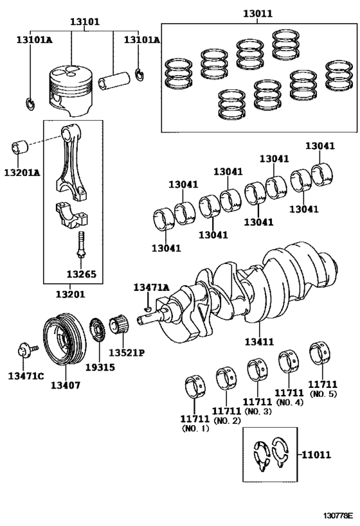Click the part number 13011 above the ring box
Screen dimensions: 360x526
258,13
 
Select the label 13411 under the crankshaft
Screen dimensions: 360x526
259,342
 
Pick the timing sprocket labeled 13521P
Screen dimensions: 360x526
120,325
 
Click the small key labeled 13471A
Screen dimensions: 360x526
148,307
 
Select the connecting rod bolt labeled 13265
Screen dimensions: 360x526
80,245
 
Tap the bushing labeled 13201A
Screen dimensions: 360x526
19,147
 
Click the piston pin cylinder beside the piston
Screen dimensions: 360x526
114,80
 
